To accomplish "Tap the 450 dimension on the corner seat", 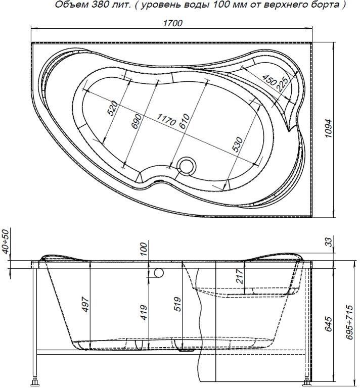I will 269,79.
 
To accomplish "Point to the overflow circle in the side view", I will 159,273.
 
